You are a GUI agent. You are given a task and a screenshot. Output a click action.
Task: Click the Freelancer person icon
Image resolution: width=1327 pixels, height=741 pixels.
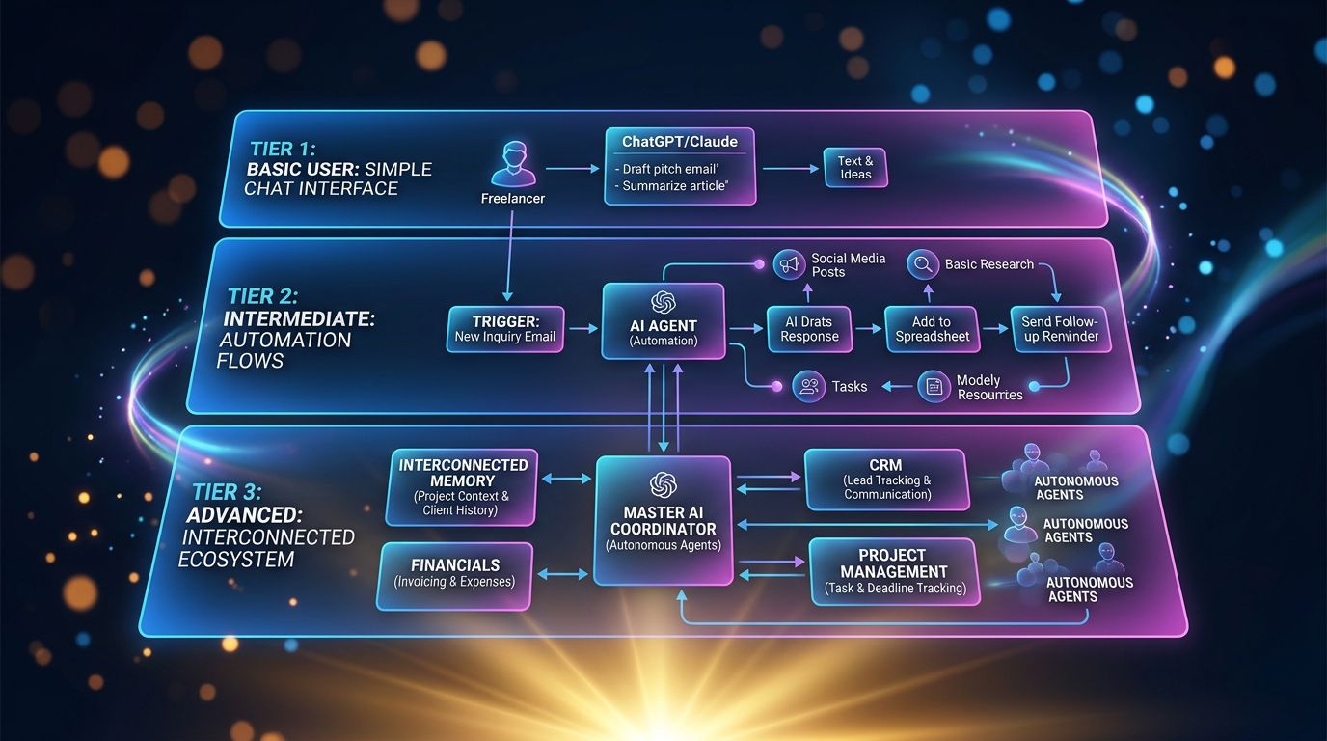point(513,164)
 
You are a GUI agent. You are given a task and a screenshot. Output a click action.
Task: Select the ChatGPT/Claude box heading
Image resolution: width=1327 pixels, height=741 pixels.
point(680,142)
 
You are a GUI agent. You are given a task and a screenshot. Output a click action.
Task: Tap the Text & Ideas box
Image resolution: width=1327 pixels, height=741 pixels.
point(854,168)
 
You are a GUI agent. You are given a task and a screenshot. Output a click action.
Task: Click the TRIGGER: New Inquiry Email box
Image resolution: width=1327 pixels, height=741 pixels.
point(504,329)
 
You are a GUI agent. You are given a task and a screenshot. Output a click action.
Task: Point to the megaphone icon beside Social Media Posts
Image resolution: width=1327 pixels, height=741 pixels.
point(789,264)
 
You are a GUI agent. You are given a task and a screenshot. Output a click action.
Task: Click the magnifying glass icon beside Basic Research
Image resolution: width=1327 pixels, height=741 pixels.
point(923,263)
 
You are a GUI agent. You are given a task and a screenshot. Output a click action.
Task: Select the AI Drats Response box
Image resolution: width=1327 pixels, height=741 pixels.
point(809,329)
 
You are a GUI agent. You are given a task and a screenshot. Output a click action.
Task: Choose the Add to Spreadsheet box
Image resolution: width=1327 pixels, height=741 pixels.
point(932,329)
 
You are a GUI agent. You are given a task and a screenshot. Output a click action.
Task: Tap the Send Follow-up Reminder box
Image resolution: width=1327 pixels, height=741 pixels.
point(1060,329)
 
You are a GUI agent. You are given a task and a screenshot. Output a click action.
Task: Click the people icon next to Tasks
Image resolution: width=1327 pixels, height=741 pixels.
point(808,387)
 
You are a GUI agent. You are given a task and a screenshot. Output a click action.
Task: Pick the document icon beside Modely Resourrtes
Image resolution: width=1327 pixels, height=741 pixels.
point(934,387)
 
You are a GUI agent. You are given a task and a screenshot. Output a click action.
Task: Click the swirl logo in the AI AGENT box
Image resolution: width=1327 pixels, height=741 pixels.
point(663,302)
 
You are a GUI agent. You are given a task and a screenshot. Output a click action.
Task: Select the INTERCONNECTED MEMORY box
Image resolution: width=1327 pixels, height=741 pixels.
point(462,487)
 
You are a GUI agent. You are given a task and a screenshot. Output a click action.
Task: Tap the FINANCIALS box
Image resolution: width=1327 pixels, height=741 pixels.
point(455,576)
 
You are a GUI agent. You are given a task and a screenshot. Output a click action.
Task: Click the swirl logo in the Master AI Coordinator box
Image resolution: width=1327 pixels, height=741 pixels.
point(663,485)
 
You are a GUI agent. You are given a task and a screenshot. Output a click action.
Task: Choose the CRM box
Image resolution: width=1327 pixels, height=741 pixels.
point(887,480)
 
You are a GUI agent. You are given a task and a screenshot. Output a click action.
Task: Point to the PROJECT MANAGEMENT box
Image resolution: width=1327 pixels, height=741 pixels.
point(895,571)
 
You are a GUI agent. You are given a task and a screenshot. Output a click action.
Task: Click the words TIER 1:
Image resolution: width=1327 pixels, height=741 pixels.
point(283,149)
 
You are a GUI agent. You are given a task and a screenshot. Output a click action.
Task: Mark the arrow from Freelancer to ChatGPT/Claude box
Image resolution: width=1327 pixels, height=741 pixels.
point(572,169)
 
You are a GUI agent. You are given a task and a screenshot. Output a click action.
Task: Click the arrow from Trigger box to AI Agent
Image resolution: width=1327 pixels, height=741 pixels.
point(582,328)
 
